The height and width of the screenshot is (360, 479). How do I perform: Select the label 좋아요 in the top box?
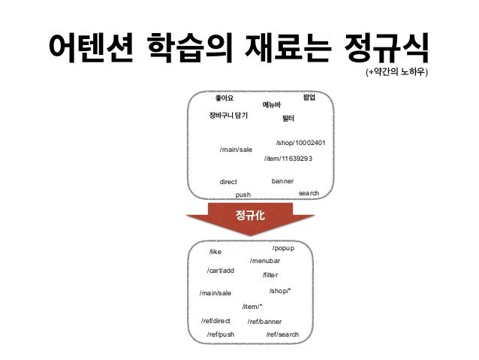[x=224, y=98]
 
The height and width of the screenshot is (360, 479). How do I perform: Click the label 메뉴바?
[x=271, y=105]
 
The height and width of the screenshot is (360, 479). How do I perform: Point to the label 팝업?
[x=308, y=98]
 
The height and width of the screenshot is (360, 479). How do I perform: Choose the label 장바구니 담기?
[x=228, y=115]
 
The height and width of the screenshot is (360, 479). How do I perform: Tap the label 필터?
[x=288, y=119]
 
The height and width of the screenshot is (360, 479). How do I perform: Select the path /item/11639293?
[x=288, y=159]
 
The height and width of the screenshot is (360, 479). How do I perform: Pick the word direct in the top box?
[x=228, y=182]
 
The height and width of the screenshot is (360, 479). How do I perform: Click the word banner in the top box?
[x=282, y=181]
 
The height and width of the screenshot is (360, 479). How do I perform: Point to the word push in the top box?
[x=243, y=195]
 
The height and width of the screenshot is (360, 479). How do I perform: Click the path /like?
[x=215, y=253]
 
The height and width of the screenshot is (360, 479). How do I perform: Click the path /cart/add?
[x=221, y=270]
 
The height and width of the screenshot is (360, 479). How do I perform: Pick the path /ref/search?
[x=282, y=334]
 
